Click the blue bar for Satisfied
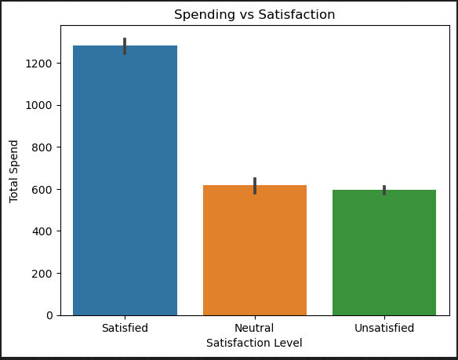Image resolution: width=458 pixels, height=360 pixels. click(x=125, y=180)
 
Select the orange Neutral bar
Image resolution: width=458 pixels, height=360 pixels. click(x=254, y=250)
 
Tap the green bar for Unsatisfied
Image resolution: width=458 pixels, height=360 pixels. click(x=384, y=253)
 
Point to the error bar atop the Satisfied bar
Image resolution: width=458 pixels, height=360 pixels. click(x=125, y=45)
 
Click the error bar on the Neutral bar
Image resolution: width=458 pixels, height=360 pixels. click(x=254, y=185)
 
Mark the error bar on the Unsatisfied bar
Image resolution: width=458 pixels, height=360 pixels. click(x=384, y=190)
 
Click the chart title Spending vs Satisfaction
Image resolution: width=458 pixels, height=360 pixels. click(x=254, y=15)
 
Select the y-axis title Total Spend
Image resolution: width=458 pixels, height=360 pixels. click(x=14, y=171)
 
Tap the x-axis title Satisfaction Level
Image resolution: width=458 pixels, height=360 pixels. click(x=254, y=344)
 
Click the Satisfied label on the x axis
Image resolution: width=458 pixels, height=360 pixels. click(x=125, y=329)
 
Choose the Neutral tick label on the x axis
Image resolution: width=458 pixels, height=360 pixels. click(x=254, y=329)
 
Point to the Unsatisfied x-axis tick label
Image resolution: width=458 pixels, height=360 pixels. click(x=384, y=329)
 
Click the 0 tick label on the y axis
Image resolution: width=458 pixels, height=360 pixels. click(x=49, y=315)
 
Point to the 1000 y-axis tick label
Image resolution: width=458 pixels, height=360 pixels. click(x=40, y=105)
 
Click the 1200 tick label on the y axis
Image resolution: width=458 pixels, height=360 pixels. click(x=40, y=63)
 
